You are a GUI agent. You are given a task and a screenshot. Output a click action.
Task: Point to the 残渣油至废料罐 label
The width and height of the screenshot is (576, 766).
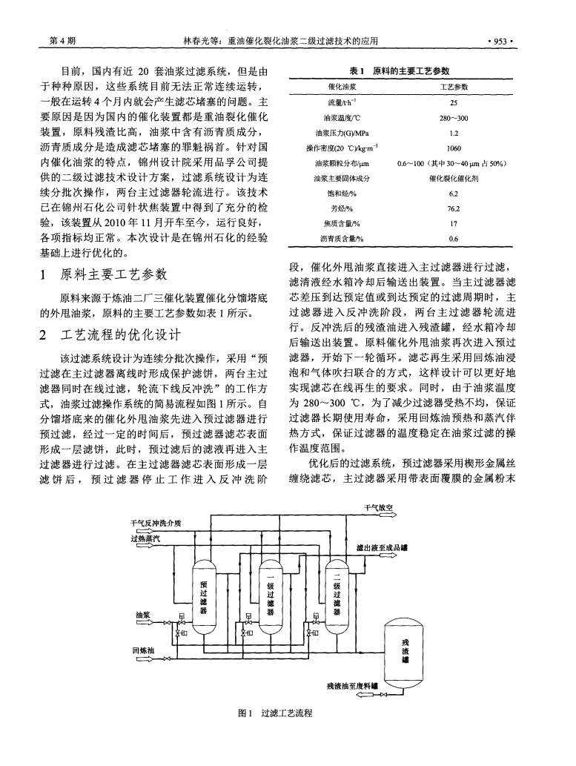pos(352,686)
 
